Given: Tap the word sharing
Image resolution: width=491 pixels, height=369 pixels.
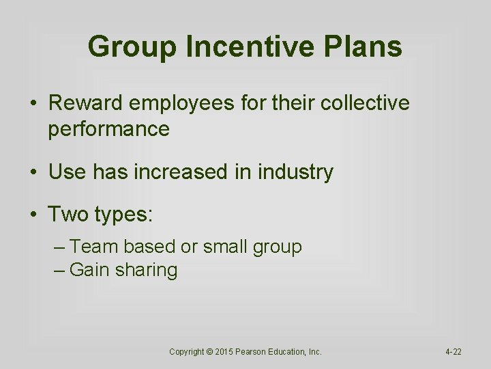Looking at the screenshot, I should [x=146, y=271].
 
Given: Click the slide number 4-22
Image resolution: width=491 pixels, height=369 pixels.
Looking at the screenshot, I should [x=453, y=352].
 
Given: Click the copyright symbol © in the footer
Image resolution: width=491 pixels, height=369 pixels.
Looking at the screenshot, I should [x=209, y=352].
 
